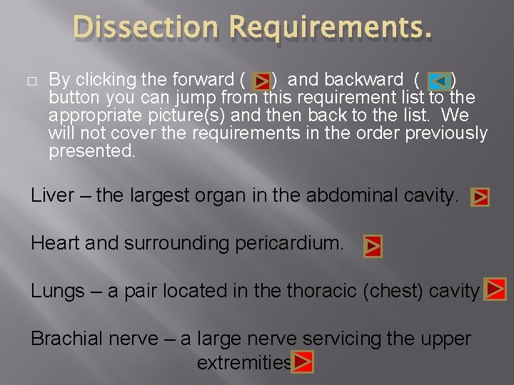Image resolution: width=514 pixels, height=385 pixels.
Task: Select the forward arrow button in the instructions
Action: pyautogui.click(x=261, y=79)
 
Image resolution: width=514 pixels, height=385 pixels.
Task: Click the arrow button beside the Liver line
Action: pyautogui.click(x=480, y=197)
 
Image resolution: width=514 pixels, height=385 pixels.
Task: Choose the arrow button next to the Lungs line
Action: pyautogui.click(x=495, y=289)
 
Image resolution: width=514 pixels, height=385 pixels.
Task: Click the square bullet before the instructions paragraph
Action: pyautogui.click(x=35, y=78)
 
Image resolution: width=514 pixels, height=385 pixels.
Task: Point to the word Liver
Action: pyautogui.click(x=51, y=195)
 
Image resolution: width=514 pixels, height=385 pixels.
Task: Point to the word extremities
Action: pyautogui.click(x=244, y=363)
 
